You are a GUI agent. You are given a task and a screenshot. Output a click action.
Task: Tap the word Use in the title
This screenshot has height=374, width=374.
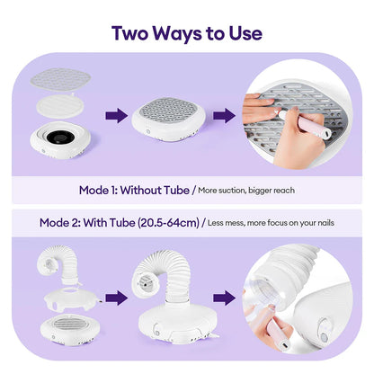pyautogui.click(x=243, y=33)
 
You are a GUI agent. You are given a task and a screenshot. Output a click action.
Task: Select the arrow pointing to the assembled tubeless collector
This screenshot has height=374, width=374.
pyautogui.click(x=115, y=115)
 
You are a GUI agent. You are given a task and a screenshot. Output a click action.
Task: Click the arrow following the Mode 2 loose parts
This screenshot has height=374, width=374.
pyautogui.click(x=116, y=297)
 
